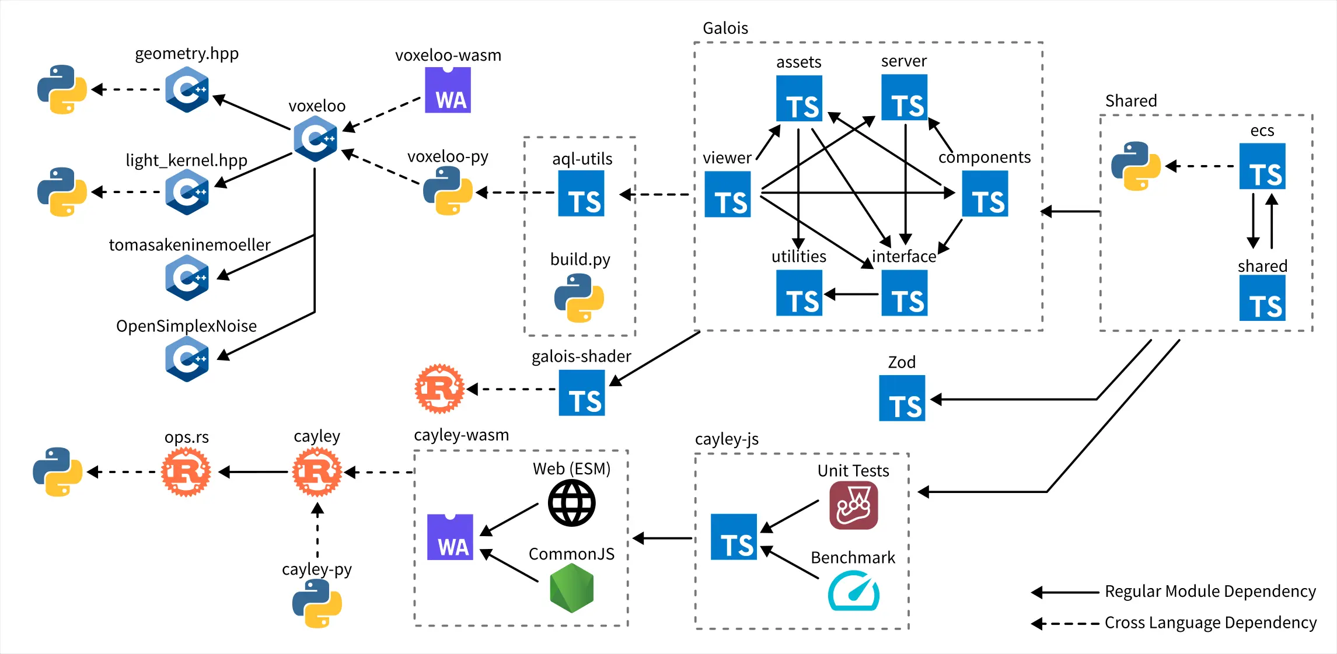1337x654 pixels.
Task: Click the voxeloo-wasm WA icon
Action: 448,90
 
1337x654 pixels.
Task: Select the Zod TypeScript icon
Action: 902,398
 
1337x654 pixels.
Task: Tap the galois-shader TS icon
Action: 582,393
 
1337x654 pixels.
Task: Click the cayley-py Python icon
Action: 317,603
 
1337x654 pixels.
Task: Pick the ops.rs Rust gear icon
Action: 186,471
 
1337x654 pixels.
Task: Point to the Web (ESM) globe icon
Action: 571,503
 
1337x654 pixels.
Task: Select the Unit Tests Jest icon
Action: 853,505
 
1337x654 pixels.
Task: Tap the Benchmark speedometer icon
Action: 853,591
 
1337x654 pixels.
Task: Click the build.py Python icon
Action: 579,298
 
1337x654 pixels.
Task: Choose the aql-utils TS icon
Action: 581,194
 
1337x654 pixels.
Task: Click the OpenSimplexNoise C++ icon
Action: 187,359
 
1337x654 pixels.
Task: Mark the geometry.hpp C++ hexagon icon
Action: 187,89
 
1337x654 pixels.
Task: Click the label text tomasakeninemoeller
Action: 190,244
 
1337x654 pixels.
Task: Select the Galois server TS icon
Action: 904,98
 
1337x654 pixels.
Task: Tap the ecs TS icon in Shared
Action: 1262,166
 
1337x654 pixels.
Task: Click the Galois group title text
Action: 725,28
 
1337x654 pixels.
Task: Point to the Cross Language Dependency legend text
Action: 1210,622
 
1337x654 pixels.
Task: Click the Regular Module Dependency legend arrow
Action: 1065,593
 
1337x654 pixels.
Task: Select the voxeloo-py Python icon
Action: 448,191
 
